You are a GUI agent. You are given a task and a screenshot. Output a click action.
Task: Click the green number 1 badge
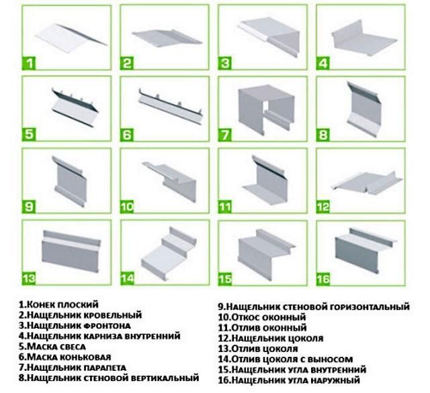[30, 64]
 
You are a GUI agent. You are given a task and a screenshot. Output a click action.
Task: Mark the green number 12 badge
[324, 206]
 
